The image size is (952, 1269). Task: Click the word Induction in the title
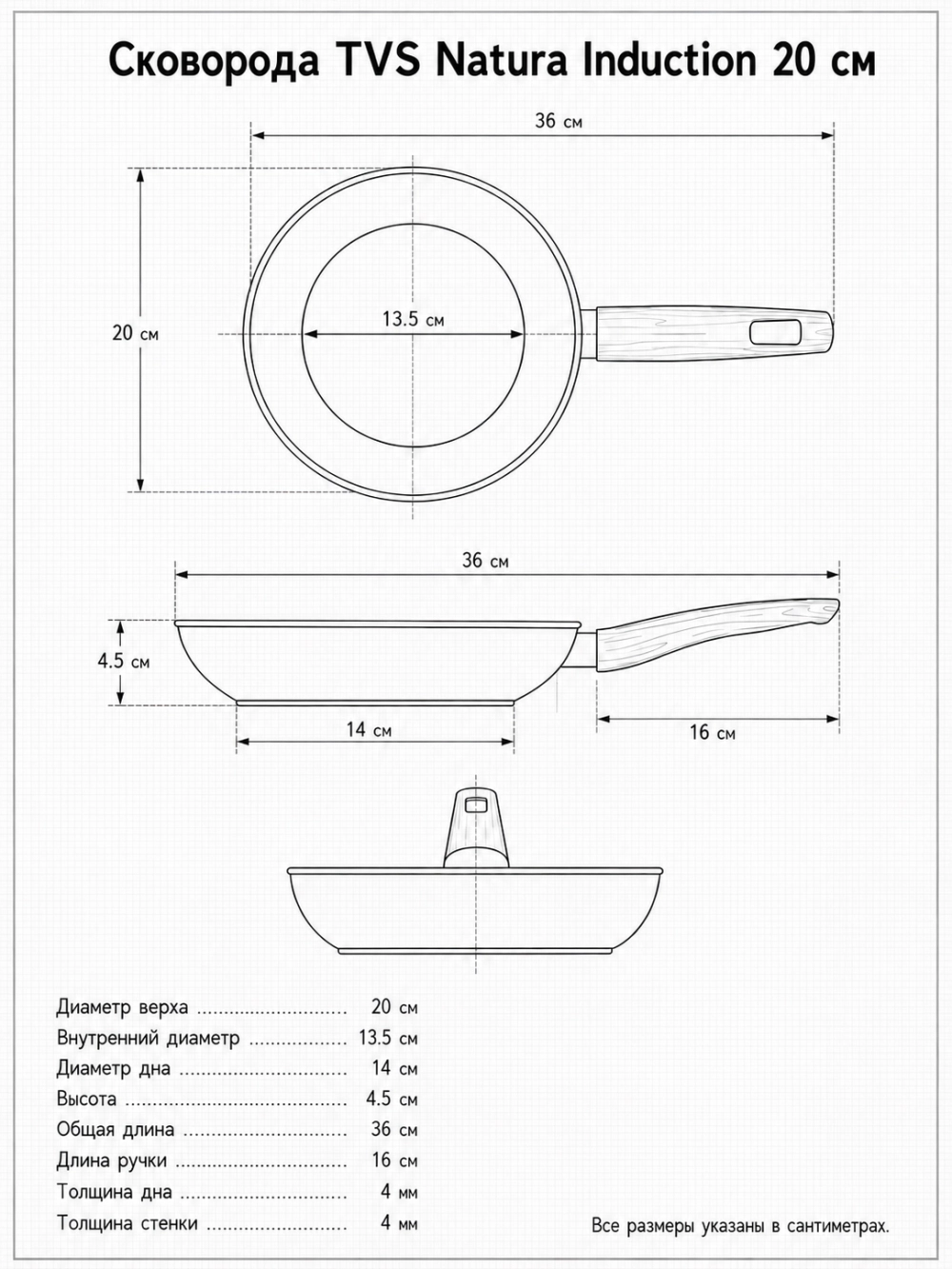click(668, 61)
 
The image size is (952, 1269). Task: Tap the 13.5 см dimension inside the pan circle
click(413, 319)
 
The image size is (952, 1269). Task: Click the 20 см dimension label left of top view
click(135, 333)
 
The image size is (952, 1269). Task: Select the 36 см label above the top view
click(559, 122)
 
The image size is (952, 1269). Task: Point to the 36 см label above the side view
click(486, 561)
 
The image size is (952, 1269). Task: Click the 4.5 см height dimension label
click(124, 661)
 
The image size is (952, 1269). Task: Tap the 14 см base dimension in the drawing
click(368, 730)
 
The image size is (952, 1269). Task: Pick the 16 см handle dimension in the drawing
click(712, 733)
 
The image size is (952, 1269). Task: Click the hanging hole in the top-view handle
click(776, 333)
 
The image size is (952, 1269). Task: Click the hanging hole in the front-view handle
click(477, 804)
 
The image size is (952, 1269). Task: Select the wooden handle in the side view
click(718, 635)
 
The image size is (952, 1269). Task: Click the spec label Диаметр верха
click(122, 1008)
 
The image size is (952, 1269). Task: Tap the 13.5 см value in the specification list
click(387, 1039)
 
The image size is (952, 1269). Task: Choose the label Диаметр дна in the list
click(113, 1069)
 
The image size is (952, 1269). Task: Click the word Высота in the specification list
click(86, 1099)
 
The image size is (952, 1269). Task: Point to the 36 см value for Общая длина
click(394, 1130)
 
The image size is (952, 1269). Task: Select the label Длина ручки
click(111, 1160)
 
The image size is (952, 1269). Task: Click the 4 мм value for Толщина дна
click(399, 1192)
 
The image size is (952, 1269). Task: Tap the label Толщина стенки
click(128, 1223)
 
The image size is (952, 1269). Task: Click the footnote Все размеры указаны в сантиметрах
click(741, 1225)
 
